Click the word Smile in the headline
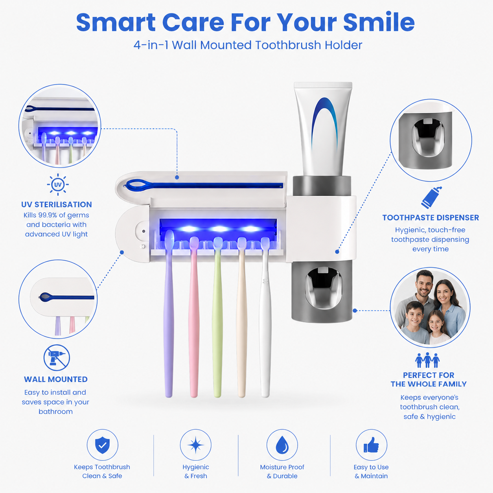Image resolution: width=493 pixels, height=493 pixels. tap(379, 22)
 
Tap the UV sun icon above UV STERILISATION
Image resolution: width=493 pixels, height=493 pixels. tap(57, 184)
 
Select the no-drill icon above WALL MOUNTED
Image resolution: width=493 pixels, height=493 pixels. tap(57, 358)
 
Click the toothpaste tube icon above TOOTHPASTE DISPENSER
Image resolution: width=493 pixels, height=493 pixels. tap(431, 197)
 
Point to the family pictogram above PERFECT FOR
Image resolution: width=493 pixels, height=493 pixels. tap(427, 360)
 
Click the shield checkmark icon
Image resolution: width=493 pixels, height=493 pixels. tap(102, 445)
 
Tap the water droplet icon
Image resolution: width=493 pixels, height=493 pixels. tap(282, 445)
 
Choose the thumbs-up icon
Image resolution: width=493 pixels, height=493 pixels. tap(371, 445)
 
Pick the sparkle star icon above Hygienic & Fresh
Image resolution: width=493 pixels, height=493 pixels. tap(196, 445)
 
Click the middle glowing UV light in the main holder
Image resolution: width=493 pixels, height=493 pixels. tap(219, 228)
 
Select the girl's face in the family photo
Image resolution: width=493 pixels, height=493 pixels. tap(436, 324)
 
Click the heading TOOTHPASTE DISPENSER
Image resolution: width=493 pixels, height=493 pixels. tap(430, 218)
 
